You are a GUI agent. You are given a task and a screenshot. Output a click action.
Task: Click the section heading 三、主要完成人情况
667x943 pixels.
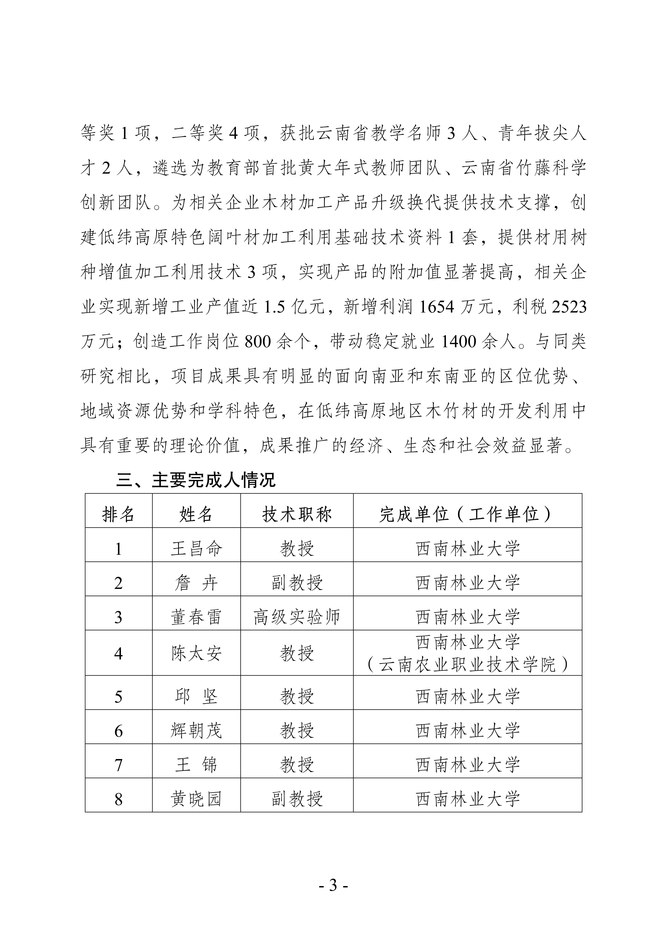[x=196, y=480]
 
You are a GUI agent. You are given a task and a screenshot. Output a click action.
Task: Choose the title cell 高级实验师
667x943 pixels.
[x=297, y=617]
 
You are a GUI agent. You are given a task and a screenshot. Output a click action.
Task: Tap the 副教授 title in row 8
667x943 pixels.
[x=297, y=799]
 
